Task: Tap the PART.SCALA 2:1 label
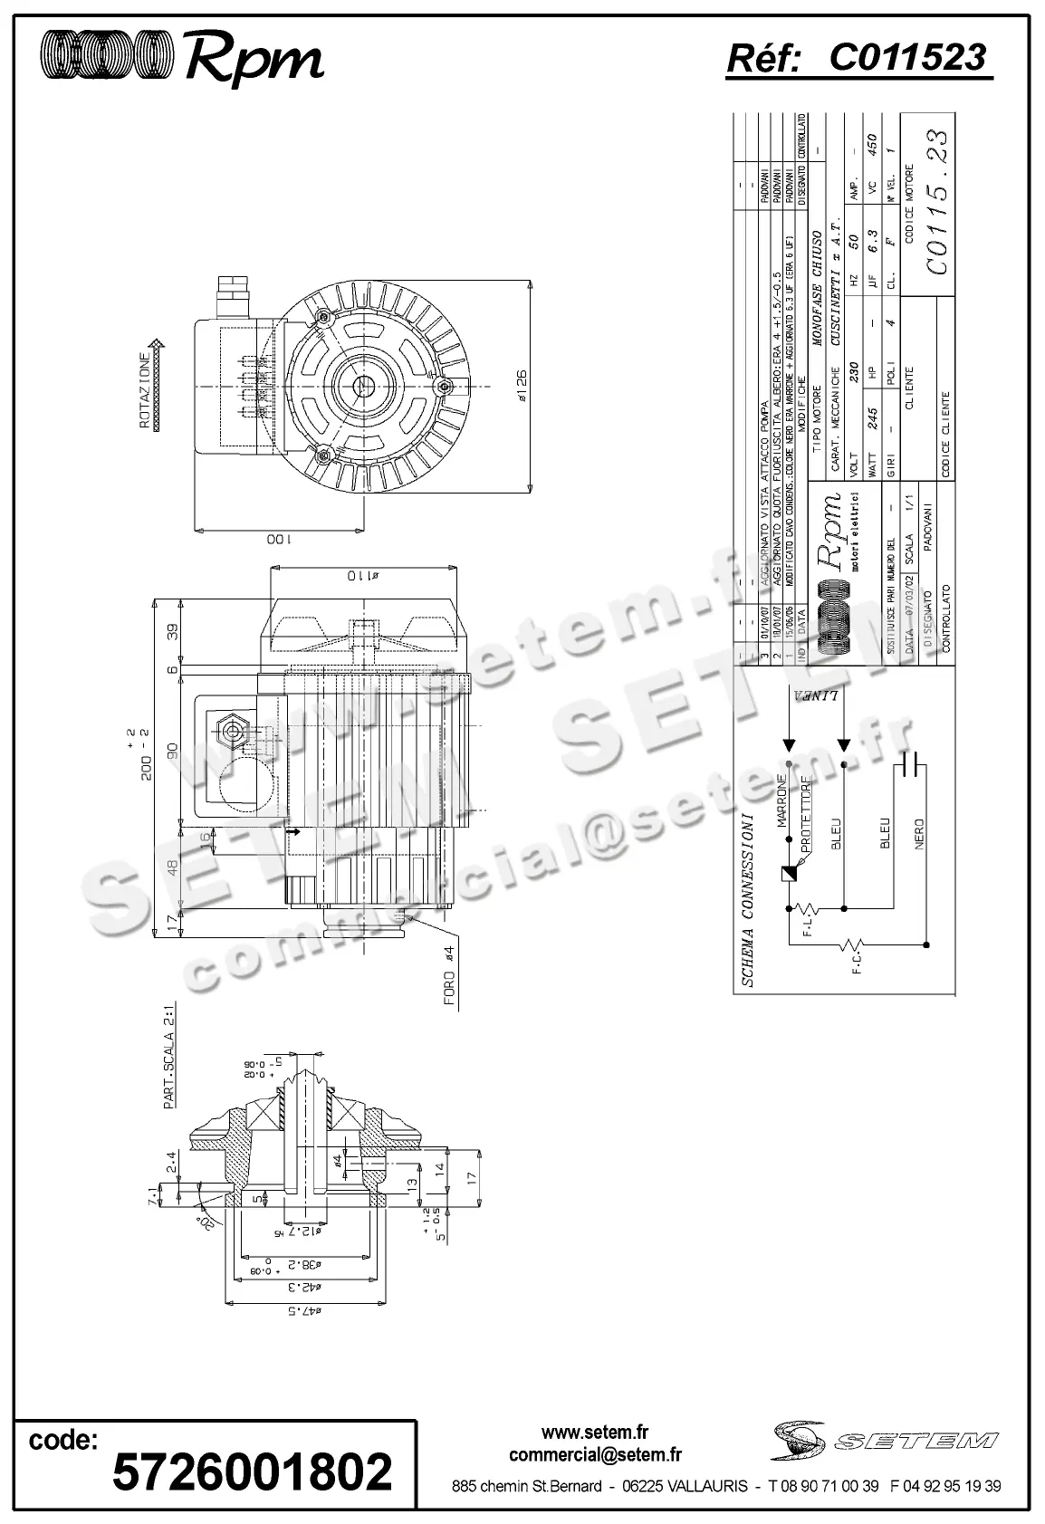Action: [168, 1061]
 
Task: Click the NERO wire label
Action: [919, 834]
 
